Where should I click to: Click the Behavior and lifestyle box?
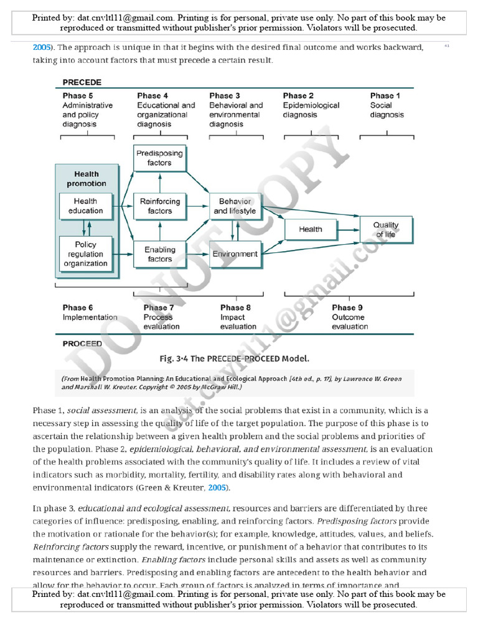point(235,206)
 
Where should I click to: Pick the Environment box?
point(235,254)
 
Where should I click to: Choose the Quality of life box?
point(386,229)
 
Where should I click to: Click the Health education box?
point(85,206)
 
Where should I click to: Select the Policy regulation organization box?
point(85,254)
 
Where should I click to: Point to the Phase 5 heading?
point(78,95)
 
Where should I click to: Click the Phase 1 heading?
point(385,95)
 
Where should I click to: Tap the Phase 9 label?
point(347,307)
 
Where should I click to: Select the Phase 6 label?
point(78,307)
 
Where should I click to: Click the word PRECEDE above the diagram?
point(82,82)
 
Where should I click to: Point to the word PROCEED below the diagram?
point(82,343)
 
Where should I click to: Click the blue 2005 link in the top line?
point(41,47)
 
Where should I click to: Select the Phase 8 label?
point(235,307)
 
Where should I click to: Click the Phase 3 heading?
point(225,95)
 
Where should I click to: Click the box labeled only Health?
point(310,229)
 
